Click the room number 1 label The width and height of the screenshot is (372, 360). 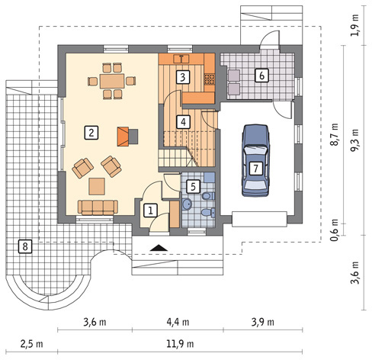click(150, 211)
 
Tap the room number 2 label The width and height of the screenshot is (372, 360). click(91, 133)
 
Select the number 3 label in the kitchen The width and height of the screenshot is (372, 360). click(183, 77)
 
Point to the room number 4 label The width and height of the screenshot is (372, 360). click(183, 122)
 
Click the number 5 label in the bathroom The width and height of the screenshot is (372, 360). click(193, 187)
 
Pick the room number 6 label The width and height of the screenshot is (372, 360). click(261, 76)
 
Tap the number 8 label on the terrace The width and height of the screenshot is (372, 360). click(25, 246)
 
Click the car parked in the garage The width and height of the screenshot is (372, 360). click(255, 160)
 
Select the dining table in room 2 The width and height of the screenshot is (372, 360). click(112, 81)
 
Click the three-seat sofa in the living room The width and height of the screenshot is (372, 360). click(98, 207)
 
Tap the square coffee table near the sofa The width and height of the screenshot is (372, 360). click(97, 186)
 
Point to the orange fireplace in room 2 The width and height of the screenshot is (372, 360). click(123, 137)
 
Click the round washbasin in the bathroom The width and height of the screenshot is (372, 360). click(188, 204)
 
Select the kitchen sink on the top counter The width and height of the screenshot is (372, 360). click(181, 59)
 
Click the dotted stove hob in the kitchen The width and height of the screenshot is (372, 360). click(210, 79)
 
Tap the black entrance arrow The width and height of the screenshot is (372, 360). click(159, 248)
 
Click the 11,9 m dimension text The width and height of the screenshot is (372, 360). click(180, 344)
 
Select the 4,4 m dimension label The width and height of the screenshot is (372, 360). click(178, 322)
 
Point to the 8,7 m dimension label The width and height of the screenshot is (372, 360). click(335, 134)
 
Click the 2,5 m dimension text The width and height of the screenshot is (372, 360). click(32, 344)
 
